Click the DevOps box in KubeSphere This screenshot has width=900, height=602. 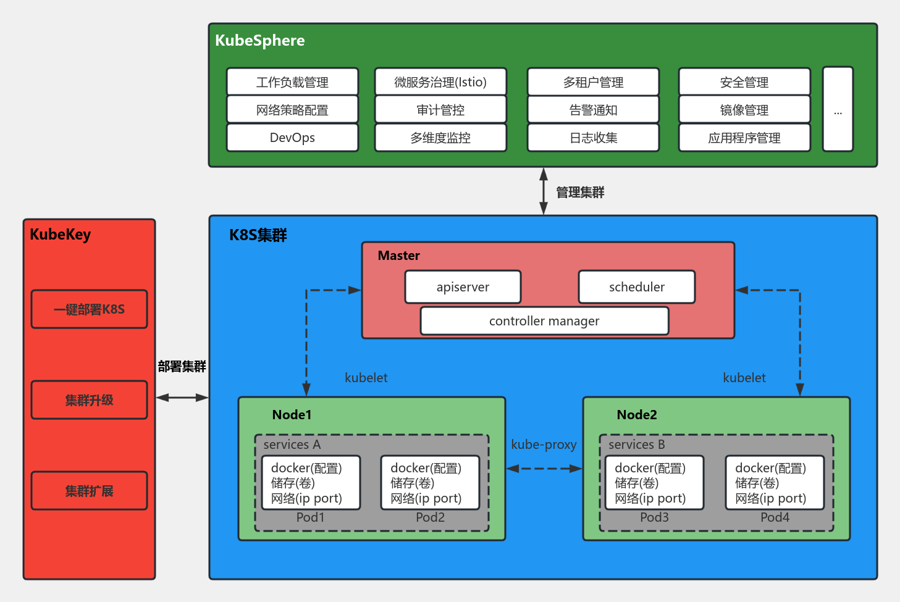click(292, 138)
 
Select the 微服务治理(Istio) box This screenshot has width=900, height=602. click(440, 82)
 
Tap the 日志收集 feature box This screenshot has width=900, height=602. click(593, 138)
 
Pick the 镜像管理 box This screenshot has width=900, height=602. click(744, 110)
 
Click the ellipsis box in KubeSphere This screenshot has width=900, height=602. click(838, 109)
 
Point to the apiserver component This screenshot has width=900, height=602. click(463, 287)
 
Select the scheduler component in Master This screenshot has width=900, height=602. click(636, 287)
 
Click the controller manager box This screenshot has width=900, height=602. click(544, 321)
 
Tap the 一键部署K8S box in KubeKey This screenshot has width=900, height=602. click(89, 309)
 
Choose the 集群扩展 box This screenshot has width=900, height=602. click(89, 491)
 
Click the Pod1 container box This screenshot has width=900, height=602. click(311, 483)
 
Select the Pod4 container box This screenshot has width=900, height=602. click(775, 483)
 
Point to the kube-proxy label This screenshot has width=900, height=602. click(544, 445)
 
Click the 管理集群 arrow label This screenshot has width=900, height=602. click(580, 193)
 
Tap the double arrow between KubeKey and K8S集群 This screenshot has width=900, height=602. click(182, 398)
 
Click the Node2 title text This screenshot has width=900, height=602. click(637, 415)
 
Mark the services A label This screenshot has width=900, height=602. click(292, 445)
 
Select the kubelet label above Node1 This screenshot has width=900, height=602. click(366, 378)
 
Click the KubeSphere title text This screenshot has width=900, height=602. click(260, 41)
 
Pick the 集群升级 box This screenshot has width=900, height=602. click(89, 400)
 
